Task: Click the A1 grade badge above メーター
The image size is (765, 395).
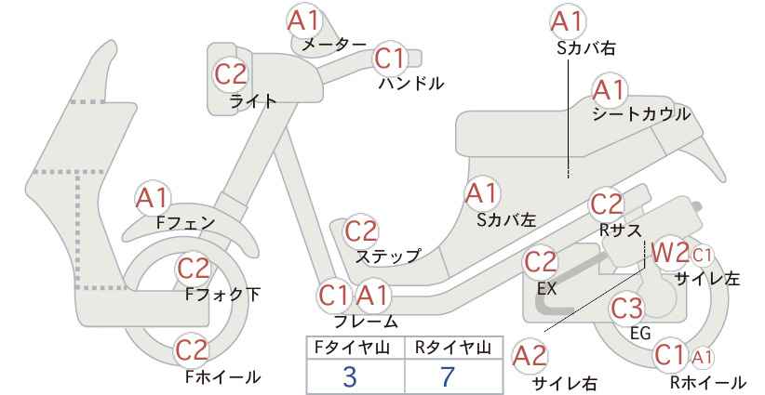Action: (x=303, y=21)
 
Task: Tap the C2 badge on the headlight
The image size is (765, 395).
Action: (x=231, y=74)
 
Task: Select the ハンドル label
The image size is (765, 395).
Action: (x=411, y=84)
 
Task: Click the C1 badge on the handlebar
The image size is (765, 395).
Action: (x=390, y=58)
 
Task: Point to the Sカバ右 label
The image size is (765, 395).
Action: (x=586, y=47)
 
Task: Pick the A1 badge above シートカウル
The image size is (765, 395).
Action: (x=609, y=90)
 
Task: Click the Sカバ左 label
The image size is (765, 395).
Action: (x=506, y=220)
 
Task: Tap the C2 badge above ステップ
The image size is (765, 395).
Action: (x=361, y=231)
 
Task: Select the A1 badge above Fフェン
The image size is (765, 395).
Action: (x=152, y=198)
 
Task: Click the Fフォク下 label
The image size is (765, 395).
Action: (x=223, y=294)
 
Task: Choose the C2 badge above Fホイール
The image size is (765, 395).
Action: (x=192, y=349)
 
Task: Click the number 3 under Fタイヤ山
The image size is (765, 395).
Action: (x=350, y=376)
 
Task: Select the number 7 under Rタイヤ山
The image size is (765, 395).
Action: (x=447, y=376)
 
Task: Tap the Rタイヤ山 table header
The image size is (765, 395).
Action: (x=453, y=348)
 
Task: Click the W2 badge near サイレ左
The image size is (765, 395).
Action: (x=670, y=254)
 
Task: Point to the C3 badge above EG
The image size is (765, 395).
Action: (x=627, y=309)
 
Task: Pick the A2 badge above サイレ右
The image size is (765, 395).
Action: (x=530, y=356)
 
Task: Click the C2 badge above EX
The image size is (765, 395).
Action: (x=540, y=262)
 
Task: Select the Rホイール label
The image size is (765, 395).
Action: (x=707, y=382)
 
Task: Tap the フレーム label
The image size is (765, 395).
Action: (x=366, y=322)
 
